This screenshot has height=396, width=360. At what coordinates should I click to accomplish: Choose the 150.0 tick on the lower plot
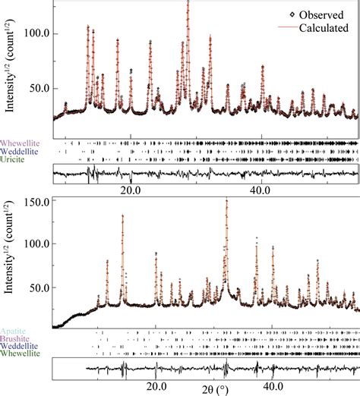pyautogui.click(x=36, y=203)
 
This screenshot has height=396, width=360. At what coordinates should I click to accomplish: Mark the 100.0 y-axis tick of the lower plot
pyautogui.click(x=36, y=246)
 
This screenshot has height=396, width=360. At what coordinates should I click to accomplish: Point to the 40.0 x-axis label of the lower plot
pyautogui.click(x=273, y=385)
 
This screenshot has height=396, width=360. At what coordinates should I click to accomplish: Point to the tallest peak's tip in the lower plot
pyautogui.click(x=226, y=199)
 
